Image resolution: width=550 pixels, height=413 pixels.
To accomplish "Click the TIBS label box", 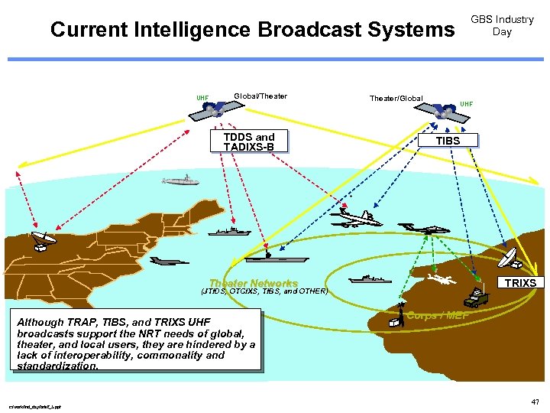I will [x=448, y=140].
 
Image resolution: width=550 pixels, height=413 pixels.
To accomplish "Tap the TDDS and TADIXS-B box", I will [x=249, y=141].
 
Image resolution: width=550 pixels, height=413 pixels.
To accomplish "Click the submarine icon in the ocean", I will [x=180, y=180].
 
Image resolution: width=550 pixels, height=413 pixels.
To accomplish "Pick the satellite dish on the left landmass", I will [x=43, y=240].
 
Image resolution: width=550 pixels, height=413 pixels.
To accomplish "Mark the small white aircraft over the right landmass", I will [x=442, y=281].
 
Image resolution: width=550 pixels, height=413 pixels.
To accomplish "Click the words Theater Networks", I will [x=253, y=283].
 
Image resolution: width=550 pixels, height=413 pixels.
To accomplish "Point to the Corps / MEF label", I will [x=438, y=315].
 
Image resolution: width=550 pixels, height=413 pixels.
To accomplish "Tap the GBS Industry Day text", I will [x=502, y=25].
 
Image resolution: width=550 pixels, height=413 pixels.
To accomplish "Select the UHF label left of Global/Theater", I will [x=202, y=98].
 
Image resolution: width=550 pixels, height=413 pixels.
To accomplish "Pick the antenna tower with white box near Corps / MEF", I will [x=396, y=317].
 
